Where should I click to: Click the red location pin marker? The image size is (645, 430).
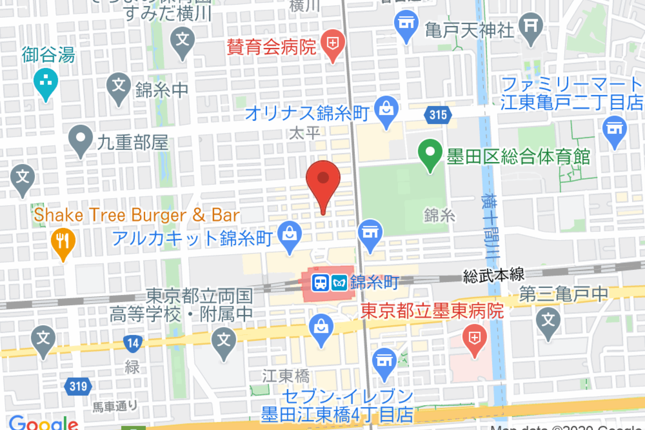(323, 180)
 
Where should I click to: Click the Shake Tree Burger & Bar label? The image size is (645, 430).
(137, 216)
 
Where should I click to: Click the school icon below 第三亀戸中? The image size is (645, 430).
(548, 321)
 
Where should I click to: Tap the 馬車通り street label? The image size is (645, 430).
(115, 405)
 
